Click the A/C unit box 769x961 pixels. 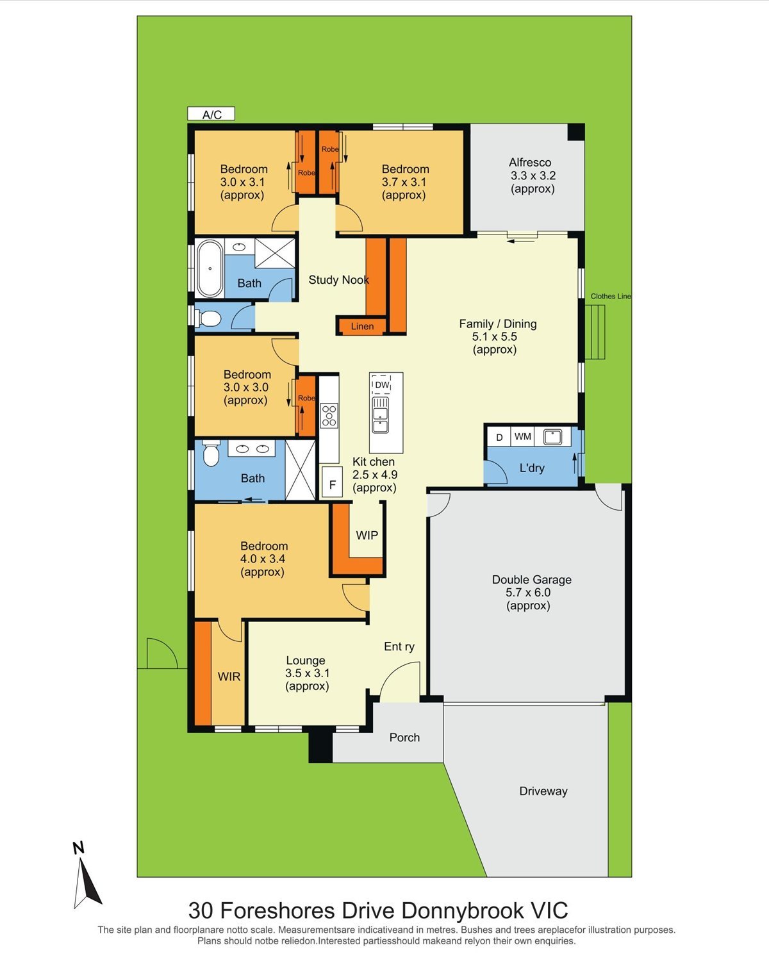coord(211,114)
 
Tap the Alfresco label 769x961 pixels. coord(530,162)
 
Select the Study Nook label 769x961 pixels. coord(338,280)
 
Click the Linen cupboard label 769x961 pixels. coord(362,326)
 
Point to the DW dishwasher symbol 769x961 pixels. coord(382,385)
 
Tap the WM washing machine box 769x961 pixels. coord(522,436)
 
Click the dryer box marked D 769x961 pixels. coord(500,437)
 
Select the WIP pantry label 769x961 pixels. coord(367,535)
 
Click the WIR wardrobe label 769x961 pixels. coord(229,677)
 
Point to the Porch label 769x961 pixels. coord(404,737)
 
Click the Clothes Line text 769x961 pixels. coord(610,296)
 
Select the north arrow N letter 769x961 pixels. coord(79,848)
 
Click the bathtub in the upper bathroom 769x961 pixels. coord(210,268)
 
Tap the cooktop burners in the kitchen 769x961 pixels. coord(329,415)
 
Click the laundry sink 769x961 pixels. coord(552,436)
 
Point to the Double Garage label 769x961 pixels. coord(532,580)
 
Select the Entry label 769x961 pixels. coord(399,646)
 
